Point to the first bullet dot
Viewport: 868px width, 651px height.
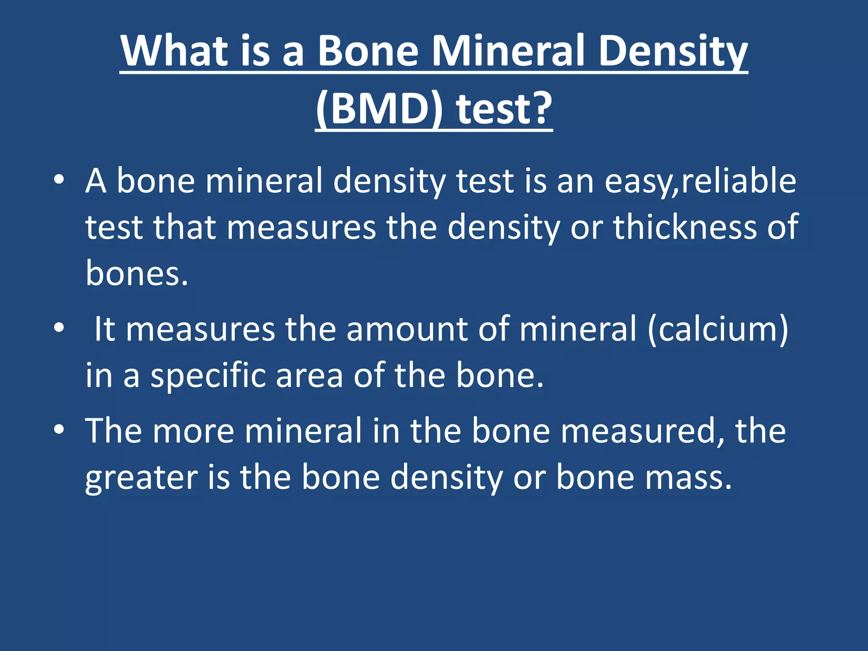click(x=59, y=180)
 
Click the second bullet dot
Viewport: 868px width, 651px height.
click(x=59, y=328)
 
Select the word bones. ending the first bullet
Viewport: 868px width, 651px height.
click(x=136, y=273)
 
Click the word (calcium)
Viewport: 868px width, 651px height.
click(x=718, y=329)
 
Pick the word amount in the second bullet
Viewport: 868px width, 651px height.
click(x=407, y=329)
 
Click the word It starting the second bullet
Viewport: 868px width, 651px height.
click(x=104, y=329)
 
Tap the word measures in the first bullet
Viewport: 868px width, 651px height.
click(x=301, y=228)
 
